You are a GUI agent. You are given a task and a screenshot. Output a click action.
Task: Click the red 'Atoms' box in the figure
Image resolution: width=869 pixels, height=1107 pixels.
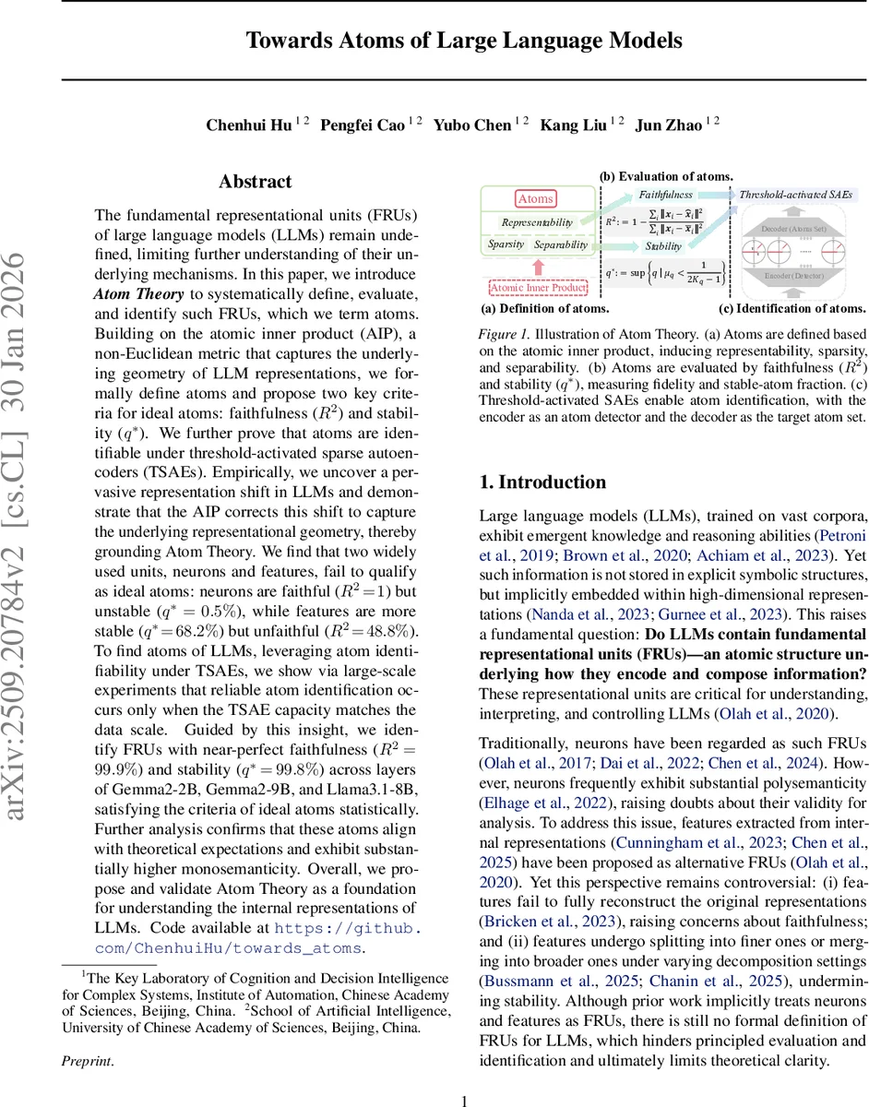click(x=535, y=198)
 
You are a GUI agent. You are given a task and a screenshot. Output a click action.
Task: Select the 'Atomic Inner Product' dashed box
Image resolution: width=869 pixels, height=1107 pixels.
click(x=539, y=288)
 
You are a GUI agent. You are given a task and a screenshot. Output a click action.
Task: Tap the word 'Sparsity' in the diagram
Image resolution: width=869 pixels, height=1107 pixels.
click(x=506, y=244)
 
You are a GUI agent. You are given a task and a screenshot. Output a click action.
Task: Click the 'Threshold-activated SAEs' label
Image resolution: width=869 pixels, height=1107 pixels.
click(x=796, y=195)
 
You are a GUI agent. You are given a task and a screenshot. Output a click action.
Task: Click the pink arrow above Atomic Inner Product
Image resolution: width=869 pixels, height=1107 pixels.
click(x=538, y=267)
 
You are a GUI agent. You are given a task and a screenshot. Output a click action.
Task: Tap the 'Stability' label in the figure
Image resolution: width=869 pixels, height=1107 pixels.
click(x=664, y=246)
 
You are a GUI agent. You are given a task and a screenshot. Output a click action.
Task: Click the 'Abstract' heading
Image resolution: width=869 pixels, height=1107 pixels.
click(x=255, y=182)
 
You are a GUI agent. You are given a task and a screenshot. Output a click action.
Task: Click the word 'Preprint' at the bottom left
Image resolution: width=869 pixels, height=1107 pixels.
click(x=88, y=1061)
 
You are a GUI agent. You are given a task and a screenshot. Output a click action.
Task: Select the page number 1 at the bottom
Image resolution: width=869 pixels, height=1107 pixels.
click(x=465, y=1100)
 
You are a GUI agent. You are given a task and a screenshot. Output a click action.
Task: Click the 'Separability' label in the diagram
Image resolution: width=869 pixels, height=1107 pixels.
click(x=561, y=244)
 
